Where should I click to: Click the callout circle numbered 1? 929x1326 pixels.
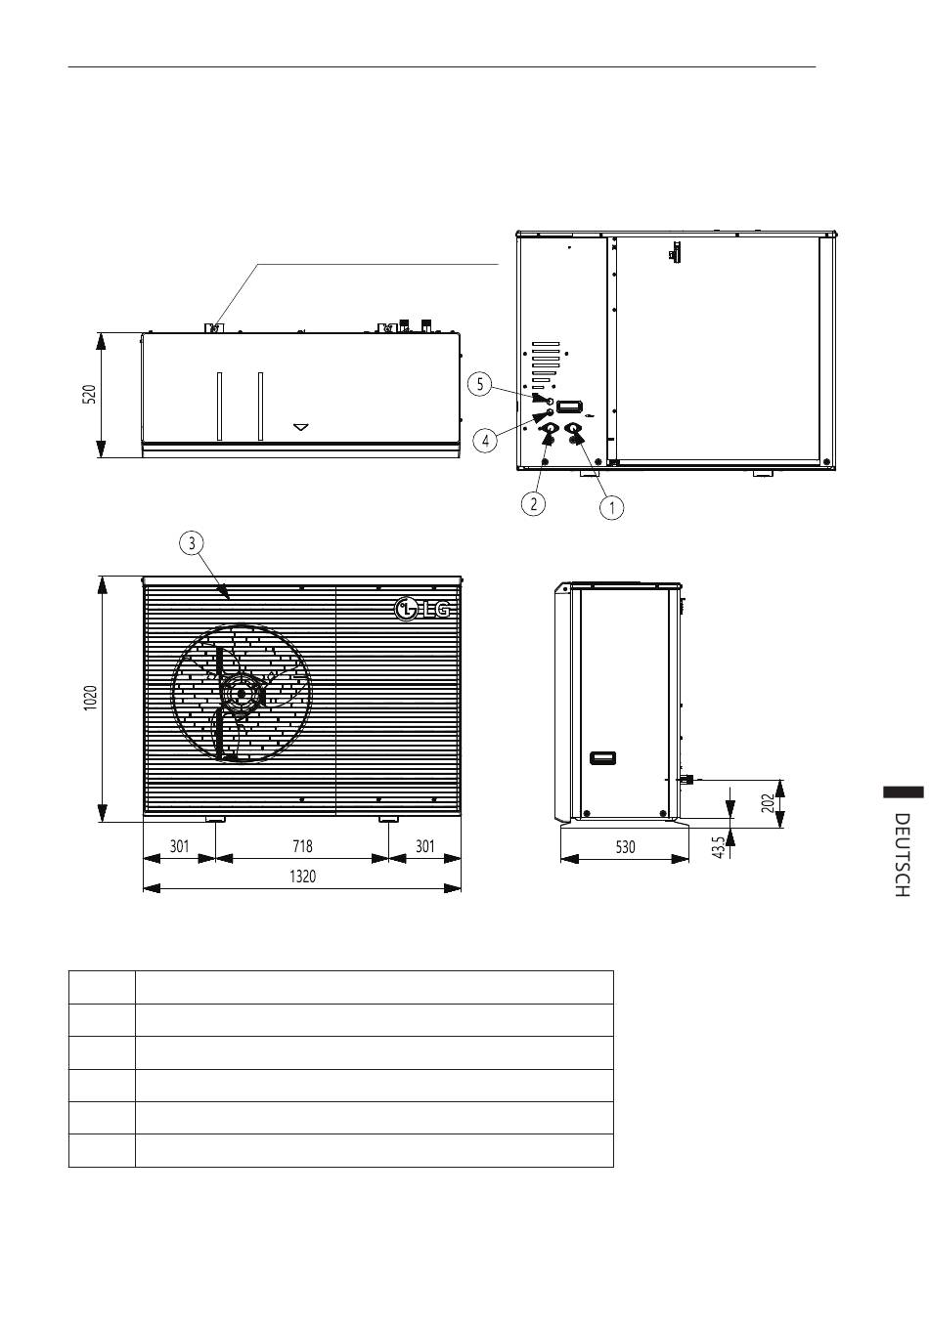tap(612, 507)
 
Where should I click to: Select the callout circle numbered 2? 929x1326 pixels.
tap(533, 504)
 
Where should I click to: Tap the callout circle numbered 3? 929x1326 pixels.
tap(192, 543)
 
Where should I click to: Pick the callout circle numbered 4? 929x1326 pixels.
tap(485, 441)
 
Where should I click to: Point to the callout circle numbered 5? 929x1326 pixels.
tap(480, 384)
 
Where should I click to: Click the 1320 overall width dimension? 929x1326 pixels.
tap(303, 877)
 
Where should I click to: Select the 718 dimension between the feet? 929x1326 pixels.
tap(303, 846)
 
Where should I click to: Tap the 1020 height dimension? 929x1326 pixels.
tap(90, 699)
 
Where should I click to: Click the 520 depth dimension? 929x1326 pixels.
tap(89, 394)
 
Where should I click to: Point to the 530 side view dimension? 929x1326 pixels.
tap(625, 847)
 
